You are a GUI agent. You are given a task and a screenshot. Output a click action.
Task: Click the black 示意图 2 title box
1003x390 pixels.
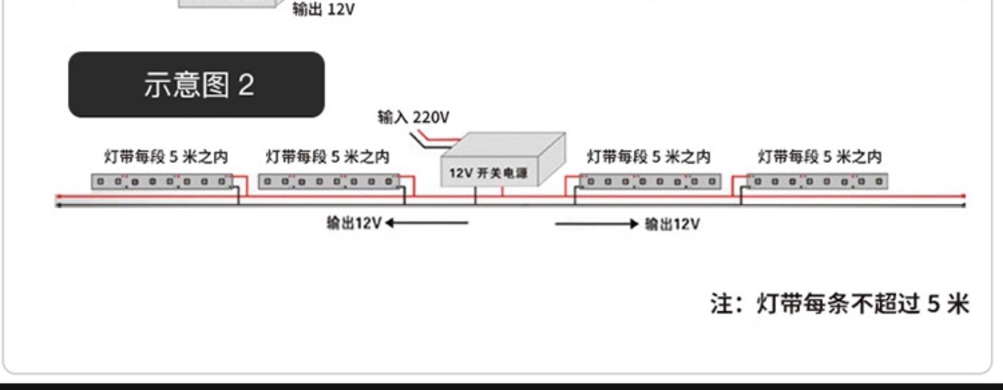click(197, 85)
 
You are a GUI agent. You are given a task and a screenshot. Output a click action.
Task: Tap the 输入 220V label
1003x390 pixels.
click(413, 117)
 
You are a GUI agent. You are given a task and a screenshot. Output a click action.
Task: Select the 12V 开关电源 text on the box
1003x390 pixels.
click(489, 173)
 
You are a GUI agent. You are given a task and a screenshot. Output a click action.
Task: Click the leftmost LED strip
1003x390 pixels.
click(162, 182)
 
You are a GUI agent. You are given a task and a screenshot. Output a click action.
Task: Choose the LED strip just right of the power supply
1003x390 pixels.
click(650, 181)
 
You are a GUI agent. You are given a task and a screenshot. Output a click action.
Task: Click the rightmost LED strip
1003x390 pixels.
click(817, 181)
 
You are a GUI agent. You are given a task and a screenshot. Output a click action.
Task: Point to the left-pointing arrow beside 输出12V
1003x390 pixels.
click(427, 223)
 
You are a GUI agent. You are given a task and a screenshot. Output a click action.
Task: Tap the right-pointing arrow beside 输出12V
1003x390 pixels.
click(597, 224)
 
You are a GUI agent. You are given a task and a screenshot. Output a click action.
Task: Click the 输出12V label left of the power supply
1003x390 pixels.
click(354, 223)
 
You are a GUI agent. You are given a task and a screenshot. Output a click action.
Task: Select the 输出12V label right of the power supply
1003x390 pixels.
click(672, 224)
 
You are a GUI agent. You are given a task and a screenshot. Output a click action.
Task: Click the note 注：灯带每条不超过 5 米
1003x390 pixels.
click(840, 303)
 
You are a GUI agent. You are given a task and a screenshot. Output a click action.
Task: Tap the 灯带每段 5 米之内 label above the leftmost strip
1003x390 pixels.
click(166, 157)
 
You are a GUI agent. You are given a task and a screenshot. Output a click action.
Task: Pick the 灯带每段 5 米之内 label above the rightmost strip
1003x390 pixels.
click(820, 157)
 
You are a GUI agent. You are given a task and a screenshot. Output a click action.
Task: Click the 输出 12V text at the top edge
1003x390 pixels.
click(324, 9)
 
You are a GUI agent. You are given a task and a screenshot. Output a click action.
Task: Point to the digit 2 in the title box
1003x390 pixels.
click(246, 85)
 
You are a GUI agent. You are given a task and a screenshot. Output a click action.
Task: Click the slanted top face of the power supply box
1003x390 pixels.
click(504, 145)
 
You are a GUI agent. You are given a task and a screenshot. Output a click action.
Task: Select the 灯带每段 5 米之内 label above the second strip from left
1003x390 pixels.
click(328, 157)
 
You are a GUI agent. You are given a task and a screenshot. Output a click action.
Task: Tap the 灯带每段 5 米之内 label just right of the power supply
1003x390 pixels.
click(649, 157)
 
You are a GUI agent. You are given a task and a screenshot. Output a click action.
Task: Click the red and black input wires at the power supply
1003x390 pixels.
click(435, 140)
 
